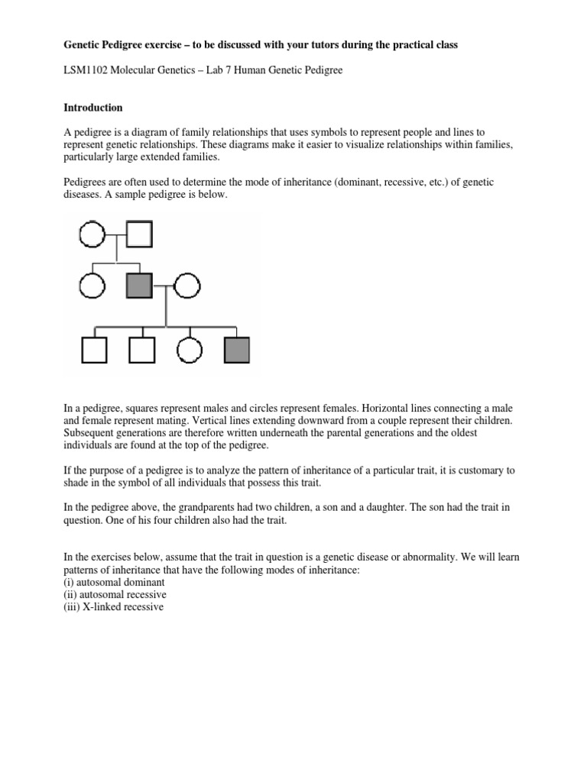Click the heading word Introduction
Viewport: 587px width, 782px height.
(x=92, y=108)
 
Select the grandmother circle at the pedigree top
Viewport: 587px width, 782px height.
(x=91, y=234)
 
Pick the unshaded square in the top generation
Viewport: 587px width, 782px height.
(x=139, y=234)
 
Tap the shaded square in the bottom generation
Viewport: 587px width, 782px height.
(x=237, y=350)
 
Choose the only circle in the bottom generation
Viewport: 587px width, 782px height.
(x=189, y=350)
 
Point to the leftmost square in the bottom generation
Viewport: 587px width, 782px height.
(x=93, y=350)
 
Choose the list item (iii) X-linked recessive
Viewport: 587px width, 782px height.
(x=114, y=607)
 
